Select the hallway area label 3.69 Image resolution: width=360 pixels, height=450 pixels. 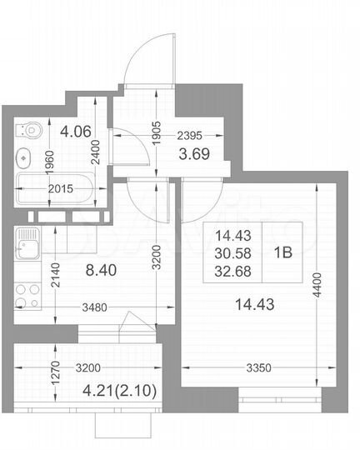(x=197, y=152)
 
